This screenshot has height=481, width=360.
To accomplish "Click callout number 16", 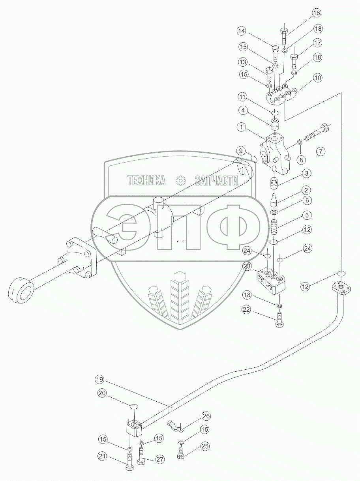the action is coord(317,13).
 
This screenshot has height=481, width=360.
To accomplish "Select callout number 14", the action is coord(242,30).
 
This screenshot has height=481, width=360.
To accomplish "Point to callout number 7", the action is coord(320,151).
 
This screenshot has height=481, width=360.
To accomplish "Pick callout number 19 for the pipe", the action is coord(99,380).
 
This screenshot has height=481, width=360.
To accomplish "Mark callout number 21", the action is coord(102,457).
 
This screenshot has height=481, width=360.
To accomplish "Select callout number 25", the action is coord(204,446).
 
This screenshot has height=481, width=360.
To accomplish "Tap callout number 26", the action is coord(206,416).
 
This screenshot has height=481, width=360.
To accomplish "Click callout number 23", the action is coord(247,267).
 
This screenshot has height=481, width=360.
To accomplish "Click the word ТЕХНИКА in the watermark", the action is coord(146,181).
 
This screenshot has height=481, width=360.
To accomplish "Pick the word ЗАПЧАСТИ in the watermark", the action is coord(217,181).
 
